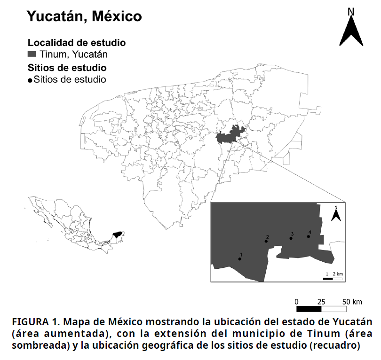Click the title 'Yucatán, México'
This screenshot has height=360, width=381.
[84, 16]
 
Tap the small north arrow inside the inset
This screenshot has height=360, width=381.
[336, 214]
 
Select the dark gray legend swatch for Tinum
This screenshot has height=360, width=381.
[32, 54]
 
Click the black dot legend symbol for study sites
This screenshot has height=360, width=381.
[30, 80]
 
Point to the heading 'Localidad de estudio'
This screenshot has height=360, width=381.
[77, 42]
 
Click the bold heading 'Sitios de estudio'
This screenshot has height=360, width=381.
[67, 67]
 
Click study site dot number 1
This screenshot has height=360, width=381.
[240, 259]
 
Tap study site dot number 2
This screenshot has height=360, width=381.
[266, 241]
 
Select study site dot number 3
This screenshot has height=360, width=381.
[291, 238]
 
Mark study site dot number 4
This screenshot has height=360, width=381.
[309, 236]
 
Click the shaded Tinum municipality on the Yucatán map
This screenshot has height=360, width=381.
[230, 136]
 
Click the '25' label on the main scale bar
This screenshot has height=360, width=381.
[321, 301]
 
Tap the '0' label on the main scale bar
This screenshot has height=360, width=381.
[296, 301]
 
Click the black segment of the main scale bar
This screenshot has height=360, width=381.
[309, 309]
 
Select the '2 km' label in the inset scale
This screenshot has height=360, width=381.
[338, 274]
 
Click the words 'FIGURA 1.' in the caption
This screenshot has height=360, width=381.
[35, 322]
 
